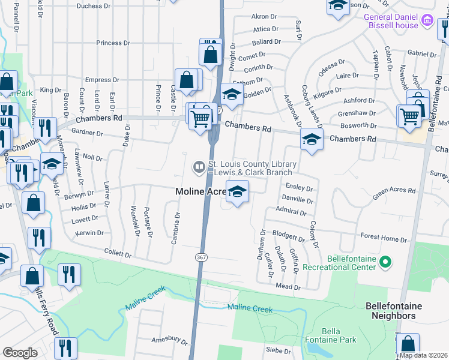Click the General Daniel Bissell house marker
[x=427, y=21]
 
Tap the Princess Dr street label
[x=113, y=43]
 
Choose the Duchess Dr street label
[x=94, y=6]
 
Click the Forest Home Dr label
[x=382, y=239]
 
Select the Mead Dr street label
[x=288, y=287]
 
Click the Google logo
[x=20, y=353]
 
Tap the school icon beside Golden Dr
[x=231, y=94]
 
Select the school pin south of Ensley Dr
[x=238, y=191]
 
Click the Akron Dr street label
[x=262, y=17]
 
